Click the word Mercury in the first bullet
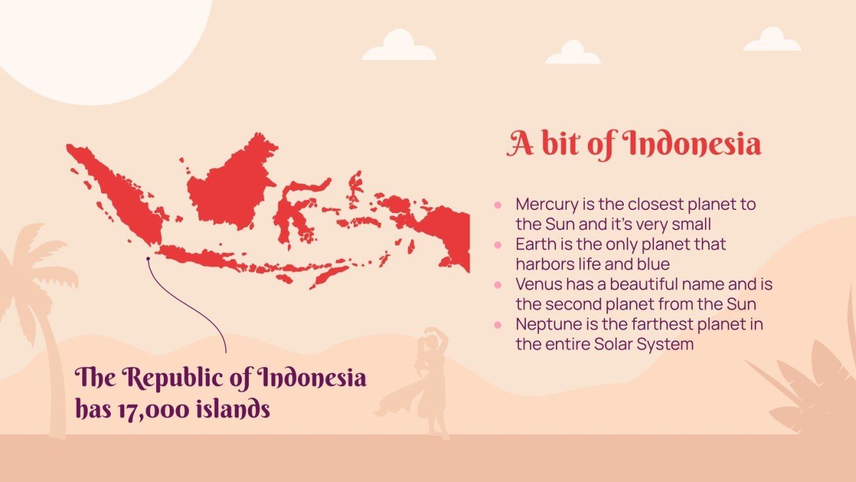pos(543,205)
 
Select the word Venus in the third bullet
pos(535,284)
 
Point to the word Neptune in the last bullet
pos(545,324)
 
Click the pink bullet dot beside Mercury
pos(498,205)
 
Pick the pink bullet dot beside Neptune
pos(498,325)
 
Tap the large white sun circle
pos(102,38)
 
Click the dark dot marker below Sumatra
pos(148,259)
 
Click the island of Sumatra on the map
pos(118,192)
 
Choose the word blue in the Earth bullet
pos(654,264)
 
